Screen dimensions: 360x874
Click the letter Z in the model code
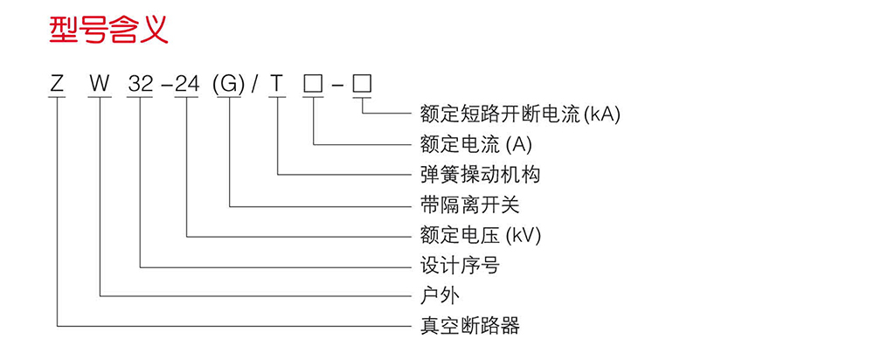tap(57, 84)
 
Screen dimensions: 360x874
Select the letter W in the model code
tap(101, 84)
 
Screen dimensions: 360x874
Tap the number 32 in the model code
tap(140, 84)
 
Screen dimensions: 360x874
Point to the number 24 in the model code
tap(188, 84)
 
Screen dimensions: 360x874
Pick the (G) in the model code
tap(229, 84)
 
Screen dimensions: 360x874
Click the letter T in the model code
tap(277, 84)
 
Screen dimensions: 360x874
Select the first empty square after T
tap(312, 84)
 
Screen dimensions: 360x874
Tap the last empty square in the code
tap(362, 84)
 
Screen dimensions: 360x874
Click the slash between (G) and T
tap(254, 84)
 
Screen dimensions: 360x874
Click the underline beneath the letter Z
tap(57, 98)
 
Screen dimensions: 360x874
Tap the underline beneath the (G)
tap(229, 98)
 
